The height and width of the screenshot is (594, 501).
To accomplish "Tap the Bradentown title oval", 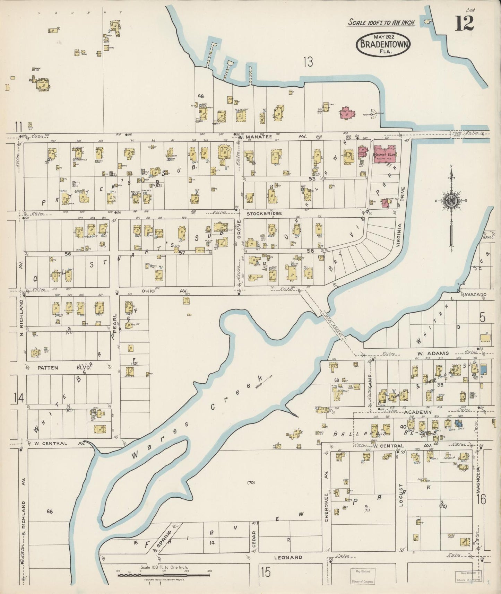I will coord(383,44).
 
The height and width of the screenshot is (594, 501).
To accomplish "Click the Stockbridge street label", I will coord(264,214).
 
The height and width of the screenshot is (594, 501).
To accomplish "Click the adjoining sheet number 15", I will coord(266,572).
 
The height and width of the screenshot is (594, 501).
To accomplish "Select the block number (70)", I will coord(251,482).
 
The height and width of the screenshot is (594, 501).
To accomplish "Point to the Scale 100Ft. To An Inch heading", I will coord(381,23).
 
